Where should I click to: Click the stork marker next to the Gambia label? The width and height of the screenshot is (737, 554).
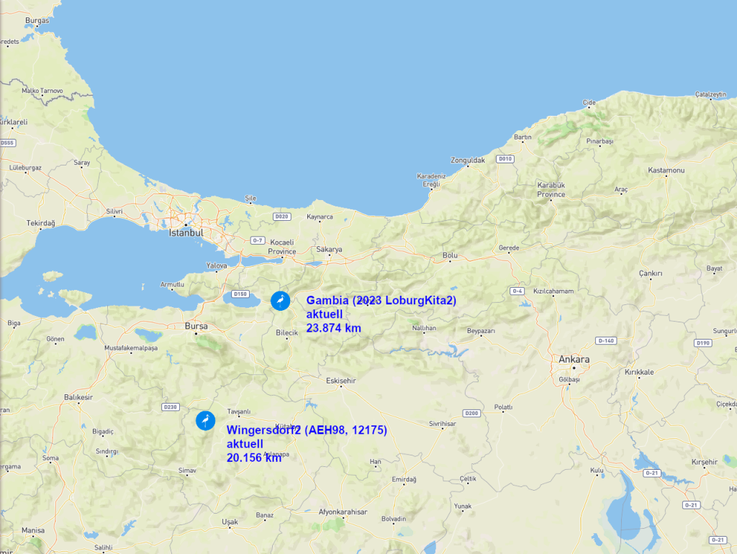click(x=280, y=301)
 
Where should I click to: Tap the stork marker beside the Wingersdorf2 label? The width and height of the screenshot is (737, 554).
click(x=206, y=420)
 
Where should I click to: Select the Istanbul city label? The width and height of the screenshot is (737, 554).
click(x=186, y=233)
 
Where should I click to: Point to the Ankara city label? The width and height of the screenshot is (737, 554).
click(x=574, y=360)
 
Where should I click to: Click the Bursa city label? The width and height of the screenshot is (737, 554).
click(x=196, y=326)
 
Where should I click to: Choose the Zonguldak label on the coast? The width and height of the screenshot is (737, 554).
click(x=468, y=160)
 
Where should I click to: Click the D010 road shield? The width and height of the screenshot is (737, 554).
click(x=505, y=159)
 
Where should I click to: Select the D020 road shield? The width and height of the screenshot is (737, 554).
click(x=281, y=216)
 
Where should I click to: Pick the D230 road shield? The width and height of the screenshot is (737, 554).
click(x=170, y=407)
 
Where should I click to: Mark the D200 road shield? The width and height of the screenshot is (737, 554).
click(x=471, y=413)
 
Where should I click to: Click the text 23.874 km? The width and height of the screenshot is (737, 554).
click(x=333, y=328)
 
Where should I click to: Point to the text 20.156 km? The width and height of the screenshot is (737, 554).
click(x=253, y=458)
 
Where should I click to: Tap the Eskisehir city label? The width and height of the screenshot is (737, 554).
click(x=341, y=380)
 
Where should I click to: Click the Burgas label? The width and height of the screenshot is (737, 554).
click(x=37, y=21)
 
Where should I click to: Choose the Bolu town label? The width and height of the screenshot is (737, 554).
click(x=450, y=255)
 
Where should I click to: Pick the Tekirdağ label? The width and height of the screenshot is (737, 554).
click(x=41, y=223)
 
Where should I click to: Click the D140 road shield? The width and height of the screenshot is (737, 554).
click(x=606, y=340)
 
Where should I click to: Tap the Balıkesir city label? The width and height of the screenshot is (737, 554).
click(x=78, y=397)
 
